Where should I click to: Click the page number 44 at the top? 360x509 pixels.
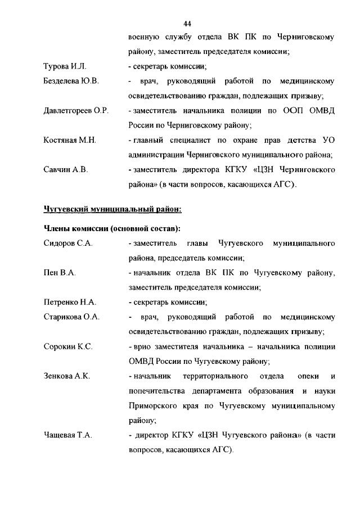(188, 23)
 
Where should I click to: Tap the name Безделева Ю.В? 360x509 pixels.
(71, 82)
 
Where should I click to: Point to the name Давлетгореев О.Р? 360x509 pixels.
(76, 111)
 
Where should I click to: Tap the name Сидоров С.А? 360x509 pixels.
(68, 244)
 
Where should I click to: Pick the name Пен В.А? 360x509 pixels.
(60, 273)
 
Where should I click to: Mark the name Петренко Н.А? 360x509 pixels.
(70, 302)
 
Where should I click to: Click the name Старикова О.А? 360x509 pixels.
(71, 317)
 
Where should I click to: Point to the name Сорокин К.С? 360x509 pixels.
(68, 346)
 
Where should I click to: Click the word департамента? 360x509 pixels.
(212, 390)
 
